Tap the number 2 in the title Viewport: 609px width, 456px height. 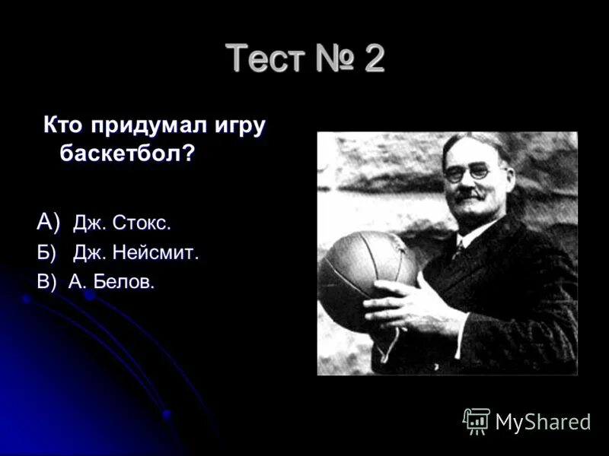click(374, 59)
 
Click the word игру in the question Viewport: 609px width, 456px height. click(237, 126)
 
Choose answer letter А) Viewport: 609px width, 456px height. click(48, 222)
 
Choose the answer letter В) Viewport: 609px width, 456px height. click(47, 282)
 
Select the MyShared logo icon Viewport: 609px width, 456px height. click(477, 421)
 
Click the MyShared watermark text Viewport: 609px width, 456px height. click(543, 422)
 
